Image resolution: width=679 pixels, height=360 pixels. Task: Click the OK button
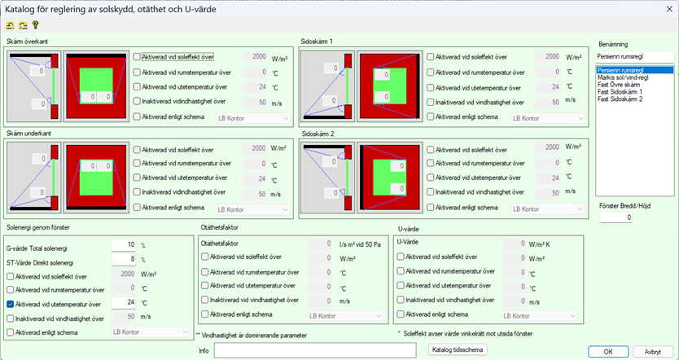pyautogui.click(x=608, y=351)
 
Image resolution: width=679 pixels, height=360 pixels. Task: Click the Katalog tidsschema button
pyautogui.click(x=458, y=349)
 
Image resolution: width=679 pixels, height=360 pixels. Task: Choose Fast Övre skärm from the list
pyautogui.click(x=619, y=85)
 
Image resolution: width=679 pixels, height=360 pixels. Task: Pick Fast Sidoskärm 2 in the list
pyautogui.click(x=620, y=99)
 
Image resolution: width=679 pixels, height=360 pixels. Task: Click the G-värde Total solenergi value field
pyautogui.click(x=124, y=245)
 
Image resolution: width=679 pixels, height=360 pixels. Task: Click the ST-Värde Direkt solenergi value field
pyautogui.click(x=124, y=260)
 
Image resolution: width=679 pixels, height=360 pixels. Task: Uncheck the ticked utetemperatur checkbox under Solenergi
pyautogui.click(x=11, y=304)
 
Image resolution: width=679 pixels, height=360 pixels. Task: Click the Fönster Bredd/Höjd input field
pyautogui.click(x=615, y=217)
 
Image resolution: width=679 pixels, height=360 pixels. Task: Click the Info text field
pyautogui.click(x=315, y=350)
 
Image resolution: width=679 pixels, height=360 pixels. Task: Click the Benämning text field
pyautogui.click(x=635, y=57)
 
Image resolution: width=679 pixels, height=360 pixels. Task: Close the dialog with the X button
pyautogui.click(x=669, y=9)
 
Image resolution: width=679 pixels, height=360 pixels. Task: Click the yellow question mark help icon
pyautogui.click(x=36, y=25)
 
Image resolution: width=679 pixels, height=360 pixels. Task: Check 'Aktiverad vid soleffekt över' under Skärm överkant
pyautogui.click(x=137, y=57)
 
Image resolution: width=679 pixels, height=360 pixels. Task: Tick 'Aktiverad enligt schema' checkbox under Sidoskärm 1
pyautogui.click(x=431, y=116)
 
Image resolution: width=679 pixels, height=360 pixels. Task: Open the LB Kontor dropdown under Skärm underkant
pyautogui.click(x=253, y=209)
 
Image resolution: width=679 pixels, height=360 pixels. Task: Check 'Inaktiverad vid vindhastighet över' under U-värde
pyautogui.click(x=401, y=300)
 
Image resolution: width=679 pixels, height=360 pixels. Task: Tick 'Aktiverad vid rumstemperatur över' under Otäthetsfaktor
pyautogui.click(x=205, y=272)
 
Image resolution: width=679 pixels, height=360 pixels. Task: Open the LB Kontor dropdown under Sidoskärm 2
pyautogui.click(x=548, y=209)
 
